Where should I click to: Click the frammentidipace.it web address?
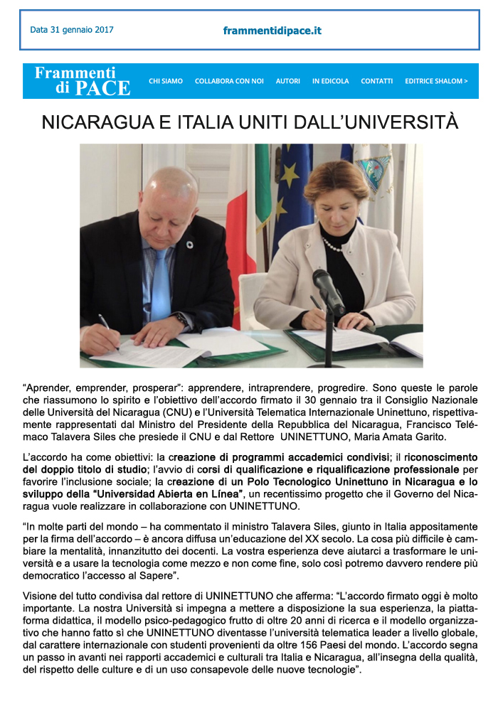(x=272, y=31)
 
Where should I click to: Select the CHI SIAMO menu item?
(x=166, y=81)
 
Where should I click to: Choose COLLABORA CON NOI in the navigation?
(x=229, y=81)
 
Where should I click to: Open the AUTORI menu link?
(x=288, y=81)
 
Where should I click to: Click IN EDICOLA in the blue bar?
(x=330, y=81)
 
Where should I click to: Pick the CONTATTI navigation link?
(x=376, y=81)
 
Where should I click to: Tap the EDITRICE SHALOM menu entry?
(x=436, y=81)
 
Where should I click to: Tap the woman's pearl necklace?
(x=332, y=245)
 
